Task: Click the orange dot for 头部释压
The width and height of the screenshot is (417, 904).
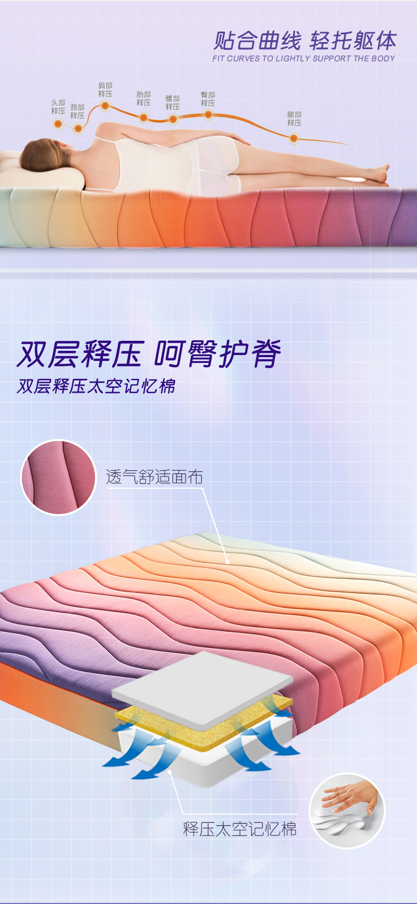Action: [58, 124]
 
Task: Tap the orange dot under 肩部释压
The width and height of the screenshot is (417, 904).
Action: [105, 106]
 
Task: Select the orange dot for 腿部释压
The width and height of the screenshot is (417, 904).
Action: [294, 139]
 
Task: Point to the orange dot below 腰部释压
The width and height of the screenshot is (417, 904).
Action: [173, 119]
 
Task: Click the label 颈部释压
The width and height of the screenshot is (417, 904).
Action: [78, 111]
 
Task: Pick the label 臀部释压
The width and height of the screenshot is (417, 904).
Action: [208, 99]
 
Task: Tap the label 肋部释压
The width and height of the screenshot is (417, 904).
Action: [143, 98]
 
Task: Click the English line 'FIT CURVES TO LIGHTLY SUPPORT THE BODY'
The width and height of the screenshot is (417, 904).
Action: [304, 59]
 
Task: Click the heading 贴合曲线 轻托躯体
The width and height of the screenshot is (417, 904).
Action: [305, 40]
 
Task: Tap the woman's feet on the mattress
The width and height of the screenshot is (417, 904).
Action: [377, 174]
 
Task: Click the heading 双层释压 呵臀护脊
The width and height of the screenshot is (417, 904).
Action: [149, 355]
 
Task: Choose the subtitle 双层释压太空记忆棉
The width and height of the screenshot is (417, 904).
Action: [96, 387]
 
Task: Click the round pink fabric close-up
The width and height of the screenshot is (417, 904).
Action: [59, 478]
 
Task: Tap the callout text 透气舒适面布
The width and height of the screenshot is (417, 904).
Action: [155, 477]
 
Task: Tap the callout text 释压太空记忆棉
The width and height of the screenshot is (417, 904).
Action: [240, 830]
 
